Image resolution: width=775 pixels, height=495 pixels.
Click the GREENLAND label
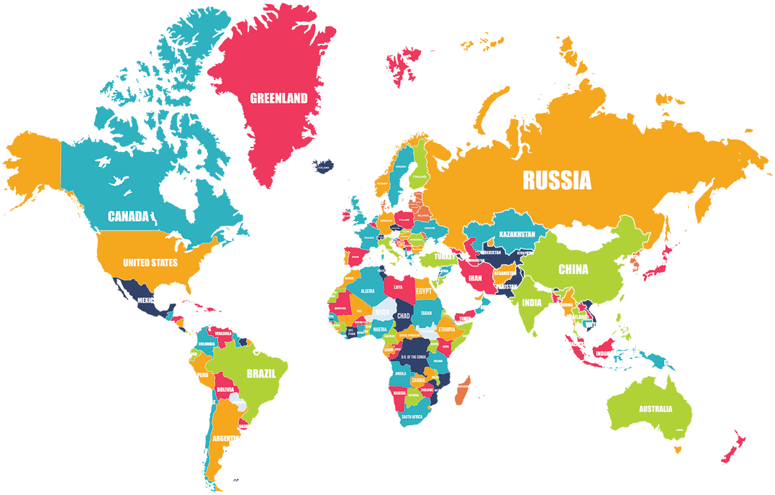[x=278, y=98]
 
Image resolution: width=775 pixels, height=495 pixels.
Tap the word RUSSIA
[x=557, y=180]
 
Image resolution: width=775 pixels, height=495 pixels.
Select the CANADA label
[x=128, y=216]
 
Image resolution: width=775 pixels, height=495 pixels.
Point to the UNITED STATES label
[x=150, y=263]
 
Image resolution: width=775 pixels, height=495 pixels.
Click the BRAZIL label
[x=260, y=373]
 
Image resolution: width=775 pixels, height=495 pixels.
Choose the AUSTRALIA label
[x=656, y=409]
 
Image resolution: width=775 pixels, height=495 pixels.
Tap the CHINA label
[x=574, y=270]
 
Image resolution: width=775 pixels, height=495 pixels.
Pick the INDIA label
[x=532, y=303]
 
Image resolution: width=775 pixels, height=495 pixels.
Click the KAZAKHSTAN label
[x=517, y=235]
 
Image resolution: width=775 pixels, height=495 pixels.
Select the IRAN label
[x=475, y=278]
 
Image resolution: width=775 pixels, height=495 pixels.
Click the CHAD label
[x=403, y=316]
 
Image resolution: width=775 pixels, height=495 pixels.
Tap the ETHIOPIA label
[x=447, y=330]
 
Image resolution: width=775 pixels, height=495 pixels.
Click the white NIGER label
[x=382, y=312]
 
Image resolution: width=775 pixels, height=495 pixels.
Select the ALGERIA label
[x=367, y=291]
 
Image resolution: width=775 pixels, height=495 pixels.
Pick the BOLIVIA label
[x=225, y=389]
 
